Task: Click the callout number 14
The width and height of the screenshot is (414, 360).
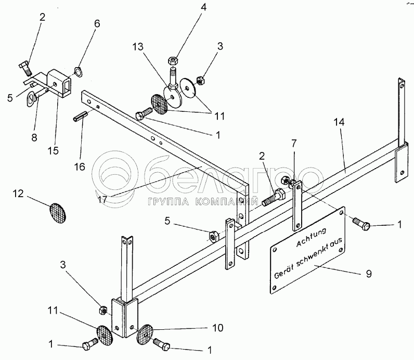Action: point(339,122)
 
